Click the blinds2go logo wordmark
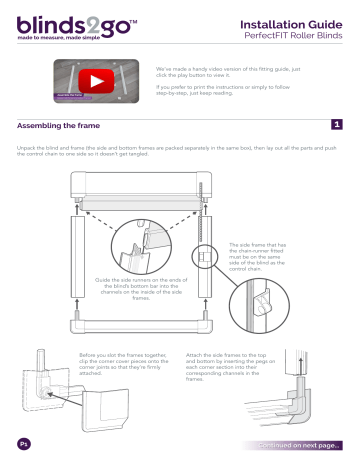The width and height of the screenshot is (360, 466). pos(66,22)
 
